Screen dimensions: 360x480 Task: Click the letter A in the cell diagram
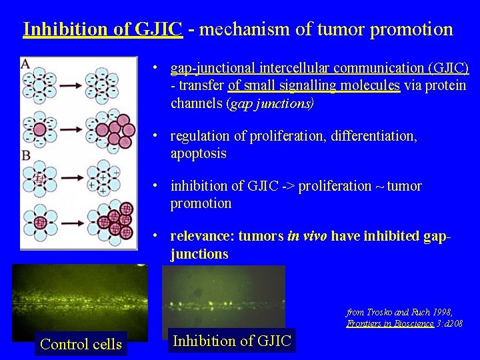[25, 63]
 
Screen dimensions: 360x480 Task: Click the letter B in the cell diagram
[25, 155]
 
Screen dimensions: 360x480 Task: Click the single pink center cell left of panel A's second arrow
[39, 129]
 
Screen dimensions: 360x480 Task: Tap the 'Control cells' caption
[81, 344]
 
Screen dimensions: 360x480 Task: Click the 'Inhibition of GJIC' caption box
[231, 341]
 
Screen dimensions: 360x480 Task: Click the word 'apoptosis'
[199, 153]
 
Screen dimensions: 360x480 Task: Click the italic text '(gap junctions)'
[270, 103]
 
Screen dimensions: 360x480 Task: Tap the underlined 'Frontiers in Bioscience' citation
[389, 323]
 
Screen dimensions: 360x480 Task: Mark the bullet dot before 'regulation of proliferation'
[154, 136]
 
